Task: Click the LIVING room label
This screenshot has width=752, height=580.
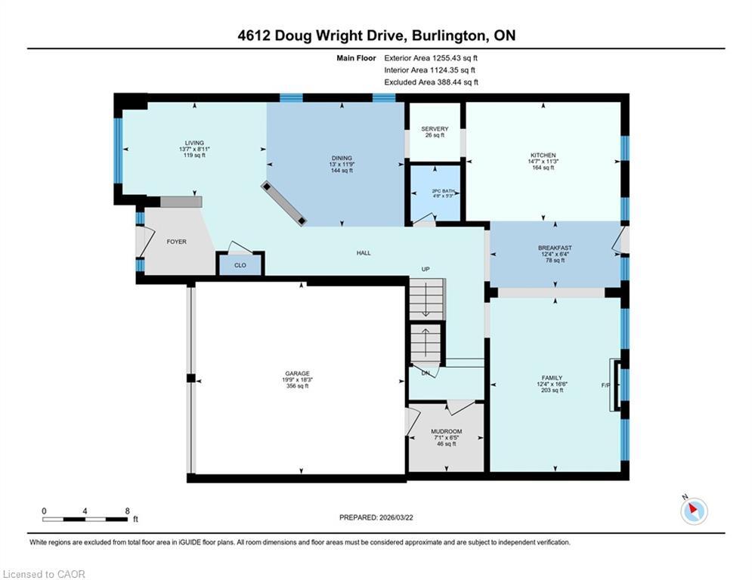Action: tap(194, 143)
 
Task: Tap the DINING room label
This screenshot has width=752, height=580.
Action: tap(342, 158)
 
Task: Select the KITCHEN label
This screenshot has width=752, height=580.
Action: tap(543, 156)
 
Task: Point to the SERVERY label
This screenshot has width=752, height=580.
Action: tap(435, 129)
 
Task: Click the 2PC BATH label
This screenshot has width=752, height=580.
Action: tap(443, 191)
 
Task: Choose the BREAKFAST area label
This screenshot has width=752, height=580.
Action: tap(555, 248)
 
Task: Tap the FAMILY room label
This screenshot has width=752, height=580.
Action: tap(552, 378)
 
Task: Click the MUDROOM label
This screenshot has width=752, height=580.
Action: tap(447, 431)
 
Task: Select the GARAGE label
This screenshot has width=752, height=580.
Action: tap(297, 373)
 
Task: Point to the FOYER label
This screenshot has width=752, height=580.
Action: tap(177, 242)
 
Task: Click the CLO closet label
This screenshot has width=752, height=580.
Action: tap(240, 265)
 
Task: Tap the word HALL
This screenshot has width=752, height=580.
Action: tap(364, 253)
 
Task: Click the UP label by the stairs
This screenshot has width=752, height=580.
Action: tap(426, 270)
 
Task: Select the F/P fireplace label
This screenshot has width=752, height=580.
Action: tap(605, 385)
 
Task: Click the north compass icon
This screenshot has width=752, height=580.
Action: tap(694, 511)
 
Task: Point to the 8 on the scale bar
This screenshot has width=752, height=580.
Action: tap(127, 511)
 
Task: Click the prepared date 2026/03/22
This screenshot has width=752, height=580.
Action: tap(396, 517)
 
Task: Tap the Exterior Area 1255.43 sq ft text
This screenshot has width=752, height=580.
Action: tap(431, 58)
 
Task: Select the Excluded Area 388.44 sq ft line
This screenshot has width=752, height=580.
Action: tap(431, 82)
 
